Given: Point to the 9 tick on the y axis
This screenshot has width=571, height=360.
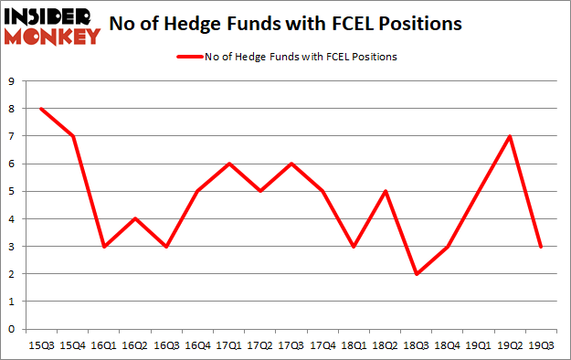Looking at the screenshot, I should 11,81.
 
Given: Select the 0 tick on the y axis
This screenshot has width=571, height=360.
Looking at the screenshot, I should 11,329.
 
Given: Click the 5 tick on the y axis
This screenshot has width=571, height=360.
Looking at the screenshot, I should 11,192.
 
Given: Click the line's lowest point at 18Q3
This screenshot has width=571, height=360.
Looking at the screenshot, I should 416,274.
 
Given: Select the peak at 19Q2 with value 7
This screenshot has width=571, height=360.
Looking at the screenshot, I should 510,136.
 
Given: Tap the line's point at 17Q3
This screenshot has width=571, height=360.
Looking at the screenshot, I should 291,164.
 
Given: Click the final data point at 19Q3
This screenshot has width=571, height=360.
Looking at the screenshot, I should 541,247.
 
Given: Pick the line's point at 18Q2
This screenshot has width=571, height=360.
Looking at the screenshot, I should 385,192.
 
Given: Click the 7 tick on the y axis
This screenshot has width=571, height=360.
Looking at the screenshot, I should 11,136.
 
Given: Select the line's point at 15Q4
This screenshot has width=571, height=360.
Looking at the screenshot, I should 71,136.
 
